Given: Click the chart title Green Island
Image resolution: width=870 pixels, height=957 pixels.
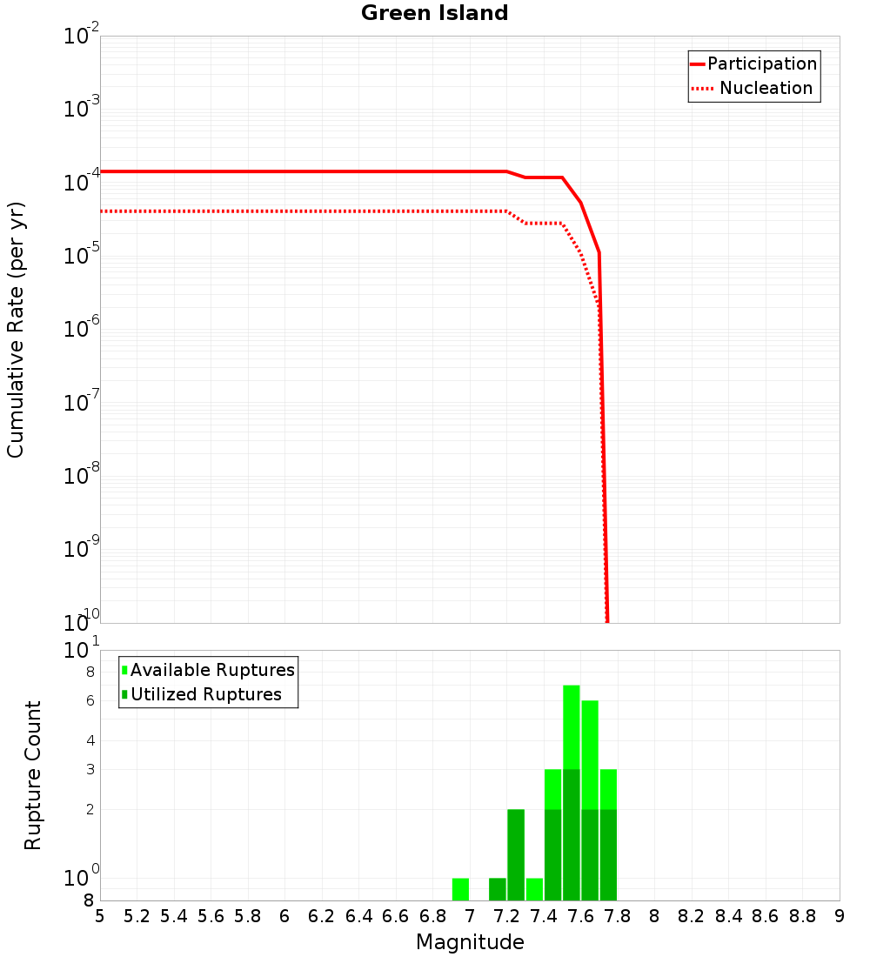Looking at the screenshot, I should click(434, 13).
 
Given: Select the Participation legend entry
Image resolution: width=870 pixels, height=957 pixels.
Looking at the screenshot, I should click(762, 64).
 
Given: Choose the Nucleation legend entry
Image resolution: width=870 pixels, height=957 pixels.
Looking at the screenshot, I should click(766, 88).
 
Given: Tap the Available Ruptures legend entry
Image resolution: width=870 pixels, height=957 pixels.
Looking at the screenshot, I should click(212, 670).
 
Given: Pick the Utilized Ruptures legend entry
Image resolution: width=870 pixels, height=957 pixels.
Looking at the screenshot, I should click(205, 694).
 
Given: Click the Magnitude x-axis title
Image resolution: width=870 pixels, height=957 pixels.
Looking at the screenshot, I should click(470, 942).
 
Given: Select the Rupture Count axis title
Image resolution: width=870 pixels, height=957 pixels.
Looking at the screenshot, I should click(33, 774).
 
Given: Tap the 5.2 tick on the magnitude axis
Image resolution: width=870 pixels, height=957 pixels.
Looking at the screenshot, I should click(137, 916).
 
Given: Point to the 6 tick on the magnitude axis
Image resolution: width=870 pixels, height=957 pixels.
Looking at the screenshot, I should click(284, 916).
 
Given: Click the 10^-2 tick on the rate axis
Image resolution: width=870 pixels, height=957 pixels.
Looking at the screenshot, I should click(82, 37).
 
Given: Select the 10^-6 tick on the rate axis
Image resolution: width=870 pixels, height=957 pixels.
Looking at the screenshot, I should click(82, 330).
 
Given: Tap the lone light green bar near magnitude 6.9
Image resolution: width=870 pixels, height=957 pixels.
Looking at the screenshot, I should click(460, 889).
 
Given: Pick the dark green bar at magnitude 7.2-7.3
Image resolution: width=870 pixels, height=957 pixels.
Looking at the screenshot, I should click(516, 854).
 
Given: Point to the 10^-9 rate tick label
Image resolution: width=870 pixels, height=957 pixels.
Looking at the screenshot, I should click(82, 550).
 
